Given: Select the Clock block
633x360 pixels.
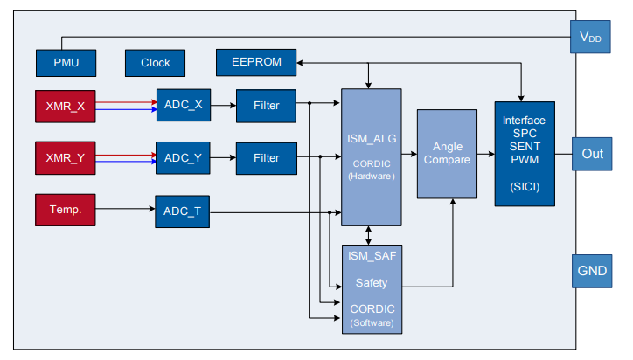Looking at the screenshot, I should point(155,63).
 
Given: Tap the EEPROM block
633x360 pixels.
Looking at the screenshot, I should point(256,63).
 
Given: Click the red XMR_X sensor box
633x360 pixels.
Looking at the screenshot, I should point(65,106).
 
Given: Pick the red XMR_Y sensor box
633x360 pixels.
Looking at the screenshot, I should point(65,158).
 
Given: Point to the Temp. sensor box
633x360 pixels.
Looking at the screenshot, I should point(65,211).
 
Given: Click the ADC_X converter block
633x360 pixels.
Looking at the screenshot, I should point(183,106).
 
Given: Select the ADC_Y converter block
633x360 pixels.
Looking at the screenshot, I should point(183,158).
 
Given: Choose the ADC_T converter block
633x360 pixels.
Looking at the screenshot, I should point(183,211).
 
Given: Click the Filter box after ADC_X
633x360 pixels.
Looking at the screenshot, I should point(266,106).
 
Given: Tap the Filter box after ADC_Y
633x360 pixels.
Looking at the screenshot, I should point(266,158).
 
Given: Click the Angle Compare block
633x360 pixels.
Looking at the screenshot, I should point(447,153).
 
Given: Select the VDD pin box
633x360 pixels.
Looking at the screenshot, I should point(590,37).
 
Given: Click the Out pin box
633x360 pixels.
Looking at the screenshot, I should point(591,154).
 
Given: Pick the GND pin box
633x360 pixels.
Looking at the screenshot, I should point(590,271).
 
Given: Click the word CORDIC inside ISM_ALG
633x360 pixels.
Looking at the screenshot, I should point(372,163).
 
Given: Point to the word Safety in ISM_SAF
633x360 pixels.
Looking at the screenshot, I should point(371,283).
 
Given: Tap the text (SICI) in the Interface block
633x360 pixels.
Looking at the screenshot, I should point(524,186).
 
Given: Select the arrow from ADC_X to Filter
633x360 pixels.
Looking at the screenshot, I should point(223,106).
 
